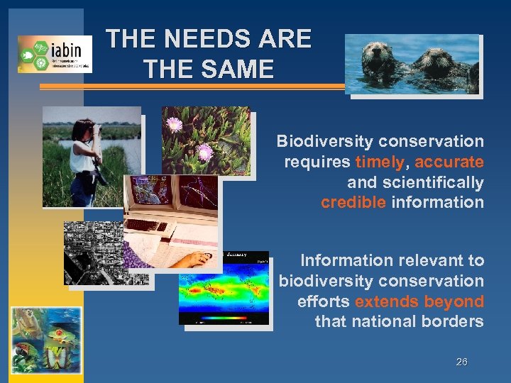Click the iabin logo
tap(55, 54)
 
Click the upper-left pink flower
tap(173, 126)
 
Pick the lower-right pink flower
tap(205, 151)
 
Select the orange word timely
tap(380, 162)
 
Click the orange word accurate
tap(449, 162)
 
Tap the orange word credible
tap(353, 202)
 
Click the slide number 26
tap(461, 362)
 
